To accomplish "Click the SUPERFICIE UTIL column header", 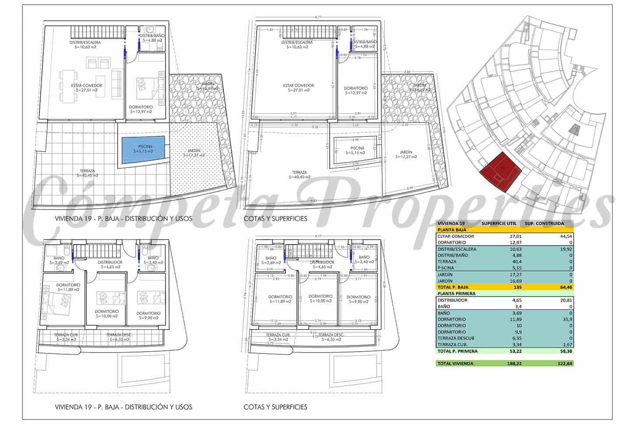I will point(499,223).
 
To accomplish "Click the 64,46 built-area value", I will point(565,287).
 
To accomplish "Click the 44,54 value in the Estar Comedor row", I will point(565,236).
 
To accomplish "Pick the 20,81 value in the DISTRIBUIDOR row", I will point(565,300).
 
